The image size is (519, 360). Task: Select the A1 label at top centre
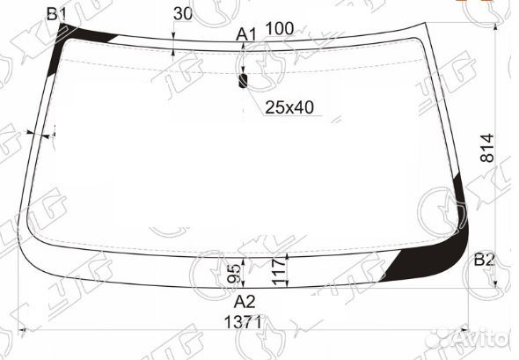coord(246,34)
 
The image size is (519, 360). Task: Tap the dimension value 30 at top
coord(183,13)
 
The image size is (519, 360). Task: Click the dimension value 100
coord(279,29)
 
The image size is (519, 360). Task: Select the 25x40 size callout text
coord(289,107)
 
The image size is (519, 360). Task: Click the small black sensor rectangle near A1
coord(244,80)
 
